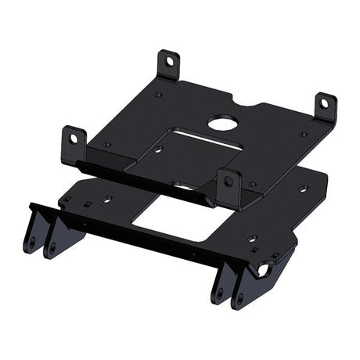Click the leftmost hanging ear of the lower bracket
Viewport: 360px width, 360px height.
pos(33,235)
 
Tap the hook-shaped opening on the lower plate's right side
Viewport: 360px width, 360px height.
pos(263,270)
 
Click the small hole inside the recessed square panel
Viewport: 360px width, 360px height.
pos(159,148)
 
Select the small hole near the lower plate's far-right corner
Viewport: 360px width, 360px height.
pos(303,189)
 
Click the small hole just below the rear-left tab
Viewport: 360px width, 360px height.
pos(158,95)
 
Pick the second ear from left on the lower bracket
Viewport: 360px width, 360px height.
pos(56,239)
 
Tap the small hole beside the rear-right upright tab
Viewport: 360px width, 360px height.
pos(303,134)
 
